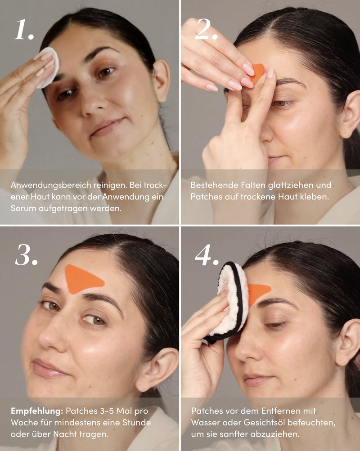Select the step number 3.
[26, 255]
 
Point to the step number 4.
[207, 255]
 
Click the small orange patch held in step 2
[257, 73]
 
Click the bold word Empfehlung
[37, 411]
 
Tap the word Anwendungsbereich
[51, 185]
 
